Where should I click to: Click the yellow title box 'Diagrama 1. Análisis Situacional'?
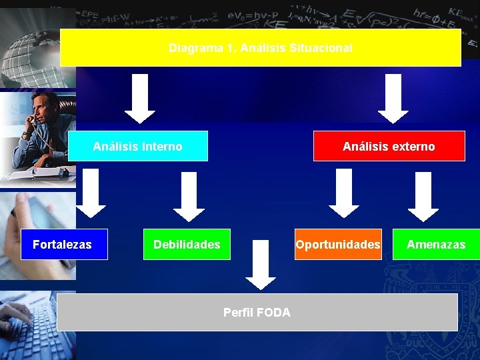pyautogui.click(x=261, y=47)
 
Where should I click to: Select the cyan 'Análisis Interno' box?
pyautogui.click(x=137, y=146)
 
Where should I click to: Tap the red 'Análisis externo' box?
pyautogui.click(x=389, y=146)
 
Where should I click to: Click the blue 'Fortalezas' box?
pyautogui.click(x=62, y=245)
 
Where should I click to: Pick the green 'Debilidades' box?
pyautogui.click(x=187, y=245)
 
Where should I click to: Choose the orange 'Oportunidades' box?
pyautogui.click(x=339, y=245)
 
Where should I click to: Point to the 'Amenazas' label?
pyautogui.click(x=436, y=245)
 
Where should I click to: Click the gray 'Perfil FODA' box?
pyautogui.click(x=257, y=312)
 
